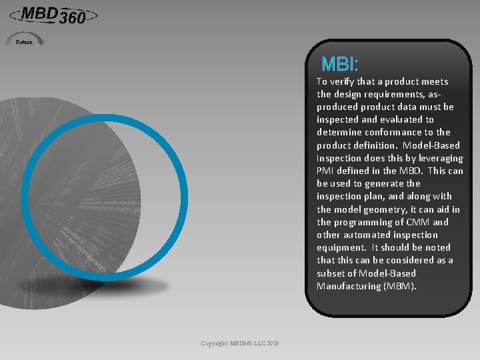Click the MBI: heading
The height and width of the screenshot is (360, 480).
tap(340, 64)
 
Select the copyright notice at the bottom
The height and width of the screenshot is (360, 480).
tap(240, 343)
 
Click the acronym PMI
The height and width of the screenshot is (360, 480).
tap(326, 171)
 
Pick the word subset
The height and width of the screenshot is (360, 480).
tap(331, 274)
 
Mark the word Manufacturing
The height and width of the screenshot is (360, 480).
tap(346, 287)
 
